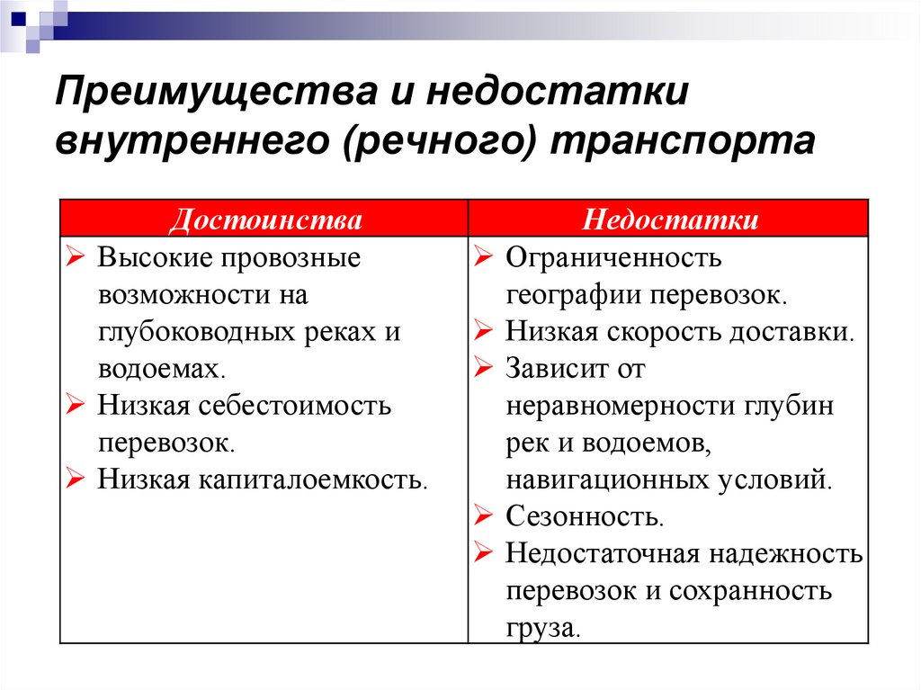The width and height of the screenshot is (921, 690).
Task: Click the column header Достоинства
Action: pyautogui.click(x=266, y=220)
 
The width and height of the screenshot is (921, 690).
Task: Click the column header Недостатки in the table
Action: pyautogui.click(x=669, y=220)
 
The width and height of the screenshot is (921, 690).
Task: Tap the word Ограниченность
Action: pyautogui.click(x=613, y=258)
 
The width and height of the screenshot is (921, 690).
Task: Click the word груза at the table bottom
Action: pyautogui.click(x=543, y=627)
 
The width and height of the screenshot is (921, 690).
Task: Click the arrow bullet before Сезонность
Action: pyautogui.click(x=483, y=517)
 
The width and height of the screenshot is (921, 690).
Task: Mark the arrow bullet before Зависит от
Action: pyautogui.click(x=483, y=369)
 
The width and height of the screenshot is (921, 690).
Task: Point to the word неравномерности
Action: pyautogui.click(x=621, y=406)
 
